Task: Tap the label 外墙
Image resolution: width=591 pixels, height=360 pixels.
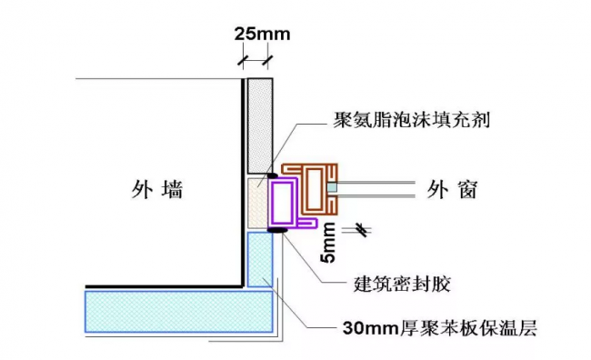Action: tap(156, 191)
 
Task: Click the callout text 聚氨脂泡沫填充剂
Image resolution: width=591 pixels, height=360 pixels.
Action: tap(412, 121)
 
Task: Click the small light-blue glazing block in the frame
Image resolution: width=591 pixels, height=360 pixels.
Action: tap(334, 187)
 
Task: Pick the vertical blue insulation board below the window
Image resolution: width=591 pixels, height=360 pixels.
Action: tap(260, 259)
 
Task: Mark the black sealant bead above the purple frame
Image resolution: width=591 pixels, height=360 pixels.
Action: tap(273, 175)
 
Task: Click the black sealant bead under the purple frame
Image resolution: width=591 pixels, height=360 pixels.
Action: tap(275, 230)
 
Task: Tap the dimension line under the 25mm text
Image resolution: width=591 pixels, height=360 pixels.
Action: tap(255, 60)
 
